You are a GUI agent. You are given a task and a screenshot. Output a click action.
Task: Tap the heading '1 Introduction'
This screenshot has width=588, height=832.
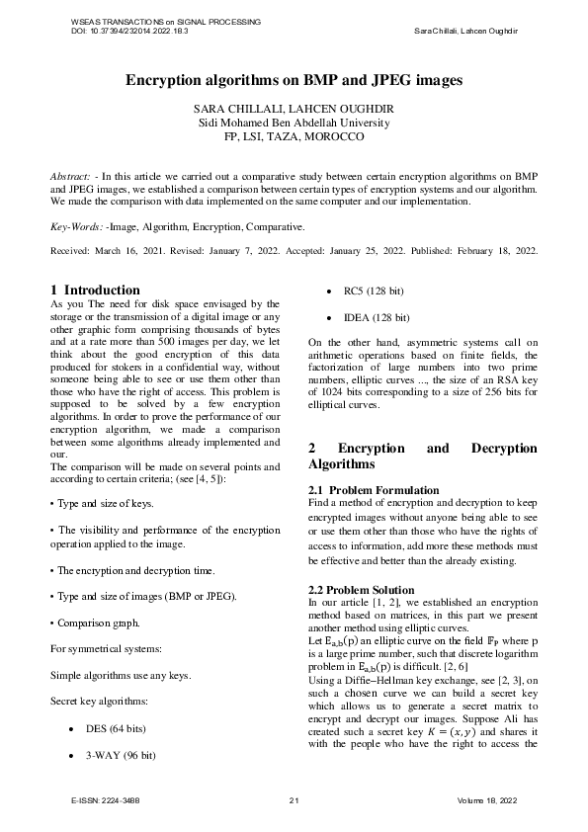(x=95, y=290)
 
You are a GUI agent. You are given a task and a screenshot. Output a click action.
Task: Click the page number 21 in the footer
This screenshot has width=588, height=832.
(x=294, y=799)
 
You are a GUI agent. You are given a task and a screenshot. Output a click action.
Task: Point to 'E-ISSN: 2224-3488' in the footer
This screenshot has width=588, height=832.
(x=105, y=799)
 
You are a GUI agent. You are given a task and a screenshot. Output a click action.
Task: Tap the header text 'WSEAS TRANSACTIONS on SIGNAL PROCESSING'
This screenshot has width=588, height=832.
(x=166, y=21)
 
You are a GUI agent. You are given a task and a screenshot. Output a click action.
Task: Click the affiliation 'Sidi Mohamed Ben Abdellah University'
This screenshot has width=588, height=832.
(x=294, y=123)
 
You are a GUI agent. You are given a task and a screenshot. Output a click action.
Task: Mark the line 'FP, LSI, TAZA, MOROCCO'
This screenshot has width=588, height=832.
(x=294, y=137)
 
